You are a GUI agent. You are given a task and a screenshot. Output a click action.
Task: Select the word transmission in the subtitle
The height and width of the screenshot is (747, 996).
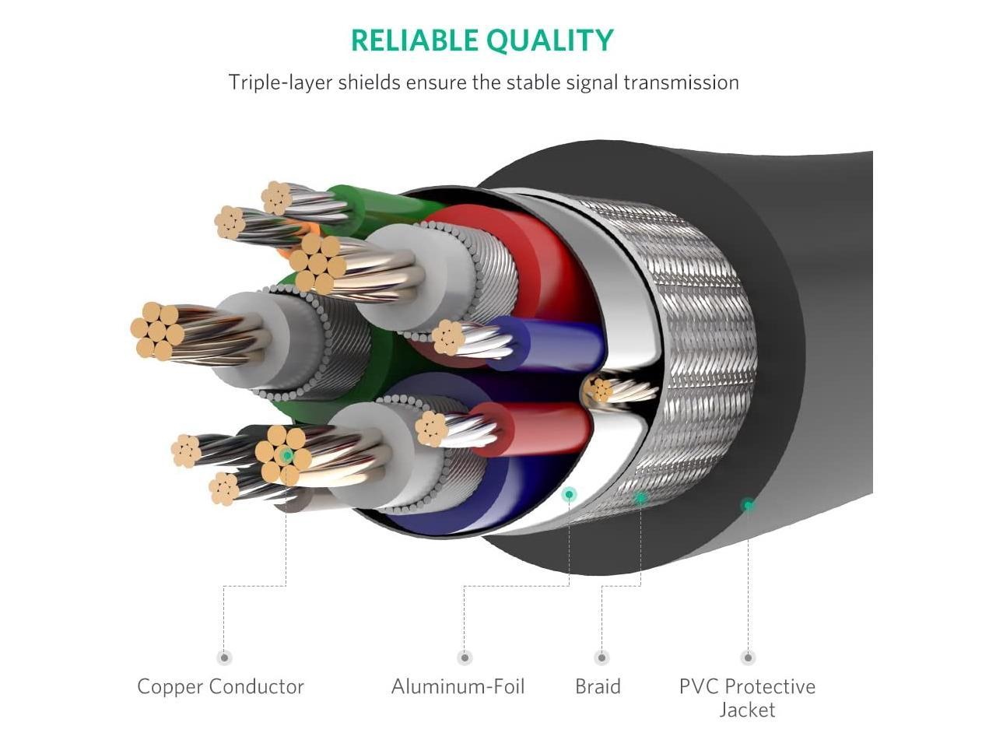click(681, 82)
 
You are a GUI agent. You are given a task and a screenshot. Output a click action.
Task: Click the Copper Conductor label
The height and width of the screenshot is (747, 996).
click(220, 686)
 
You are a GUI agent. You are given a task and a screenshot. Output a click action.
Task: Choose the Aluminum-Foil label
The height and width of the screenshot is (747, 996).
click(458, 686)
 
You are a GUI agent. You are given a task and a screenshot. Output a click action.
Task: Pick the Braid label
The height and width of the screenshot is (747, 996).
click(598, 686)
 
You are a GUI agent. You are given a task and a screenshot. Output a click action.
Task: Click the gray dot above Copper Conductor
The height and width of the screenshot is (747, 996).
click(224, 658)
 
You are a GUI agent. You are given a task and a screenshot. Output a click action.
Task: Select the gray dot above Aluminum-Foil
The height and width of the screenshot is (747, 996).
click(465, 658)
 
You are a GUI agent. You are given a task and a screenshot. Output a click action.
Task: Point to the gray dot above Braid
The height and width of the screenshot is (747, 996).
click(601, 658)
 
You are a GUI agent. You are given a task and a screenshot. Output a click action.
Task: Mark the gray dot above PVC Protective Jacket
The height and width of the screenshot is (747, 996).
click(748, 658)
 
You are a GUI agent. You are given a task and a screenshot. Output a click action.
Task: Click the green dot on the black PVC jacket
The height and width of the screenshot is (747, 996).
click(748, 505)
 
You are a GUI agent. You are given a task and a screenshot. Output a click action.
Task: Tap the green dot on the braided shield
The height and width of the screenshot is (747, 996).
click(640, 497)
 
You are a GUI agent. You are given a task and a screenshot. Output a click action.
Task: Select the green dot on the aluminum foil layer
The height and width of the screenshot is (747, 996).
click(569, 494)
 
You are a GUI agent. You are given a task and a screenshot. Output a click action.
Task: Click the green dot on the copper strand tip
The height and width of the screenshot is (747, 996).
click(286, 455)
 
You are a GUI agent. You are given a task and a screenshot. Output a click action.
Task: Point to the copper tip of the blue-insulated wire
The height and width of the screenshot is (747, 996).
click(448, 337)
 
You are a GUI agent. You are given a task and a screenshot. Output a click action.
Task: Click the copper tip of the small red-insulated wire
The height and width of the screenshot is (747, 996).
click(431, 429)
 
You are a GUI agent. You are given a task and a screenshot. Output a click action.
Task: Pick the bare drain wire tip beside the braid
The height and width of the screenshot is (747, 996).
click(600, 389)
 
